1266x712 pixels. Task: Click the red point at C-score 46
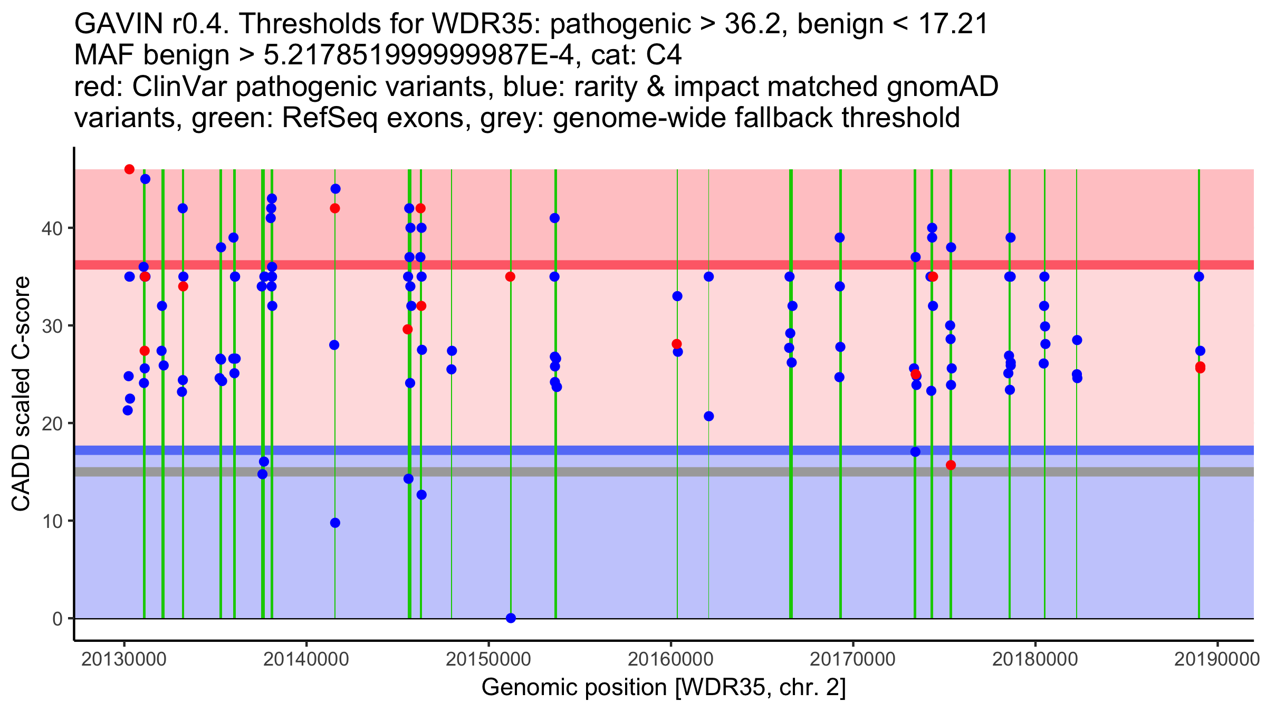(129, 169)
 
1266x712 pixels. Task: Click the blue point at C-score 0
(511, 618)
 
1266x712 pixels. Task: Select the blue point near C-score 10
(335, 523)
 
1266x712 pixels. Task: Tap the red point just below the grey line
(951, 465)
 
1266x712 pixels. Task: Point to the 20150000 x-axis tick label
(488, 660)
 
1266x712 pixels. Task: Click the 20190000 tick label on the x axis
(1217, 660)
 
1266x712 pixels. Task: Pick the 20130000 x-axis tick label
(124, 660)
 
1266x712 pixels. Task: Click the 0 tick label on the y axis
(57, 619)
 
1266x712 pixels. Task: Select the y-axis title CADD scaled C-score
(21, 394)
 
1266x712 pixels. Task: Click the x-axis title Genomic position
(663, 688)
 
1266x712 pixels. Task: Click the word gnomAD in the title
(942, 87)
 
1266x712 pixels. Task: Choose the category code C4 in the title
(664, 55)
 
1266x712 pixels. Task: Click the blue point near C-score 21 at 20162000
(708, 416)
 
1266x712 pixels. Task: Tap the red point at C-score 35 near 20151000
(510, 277)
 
